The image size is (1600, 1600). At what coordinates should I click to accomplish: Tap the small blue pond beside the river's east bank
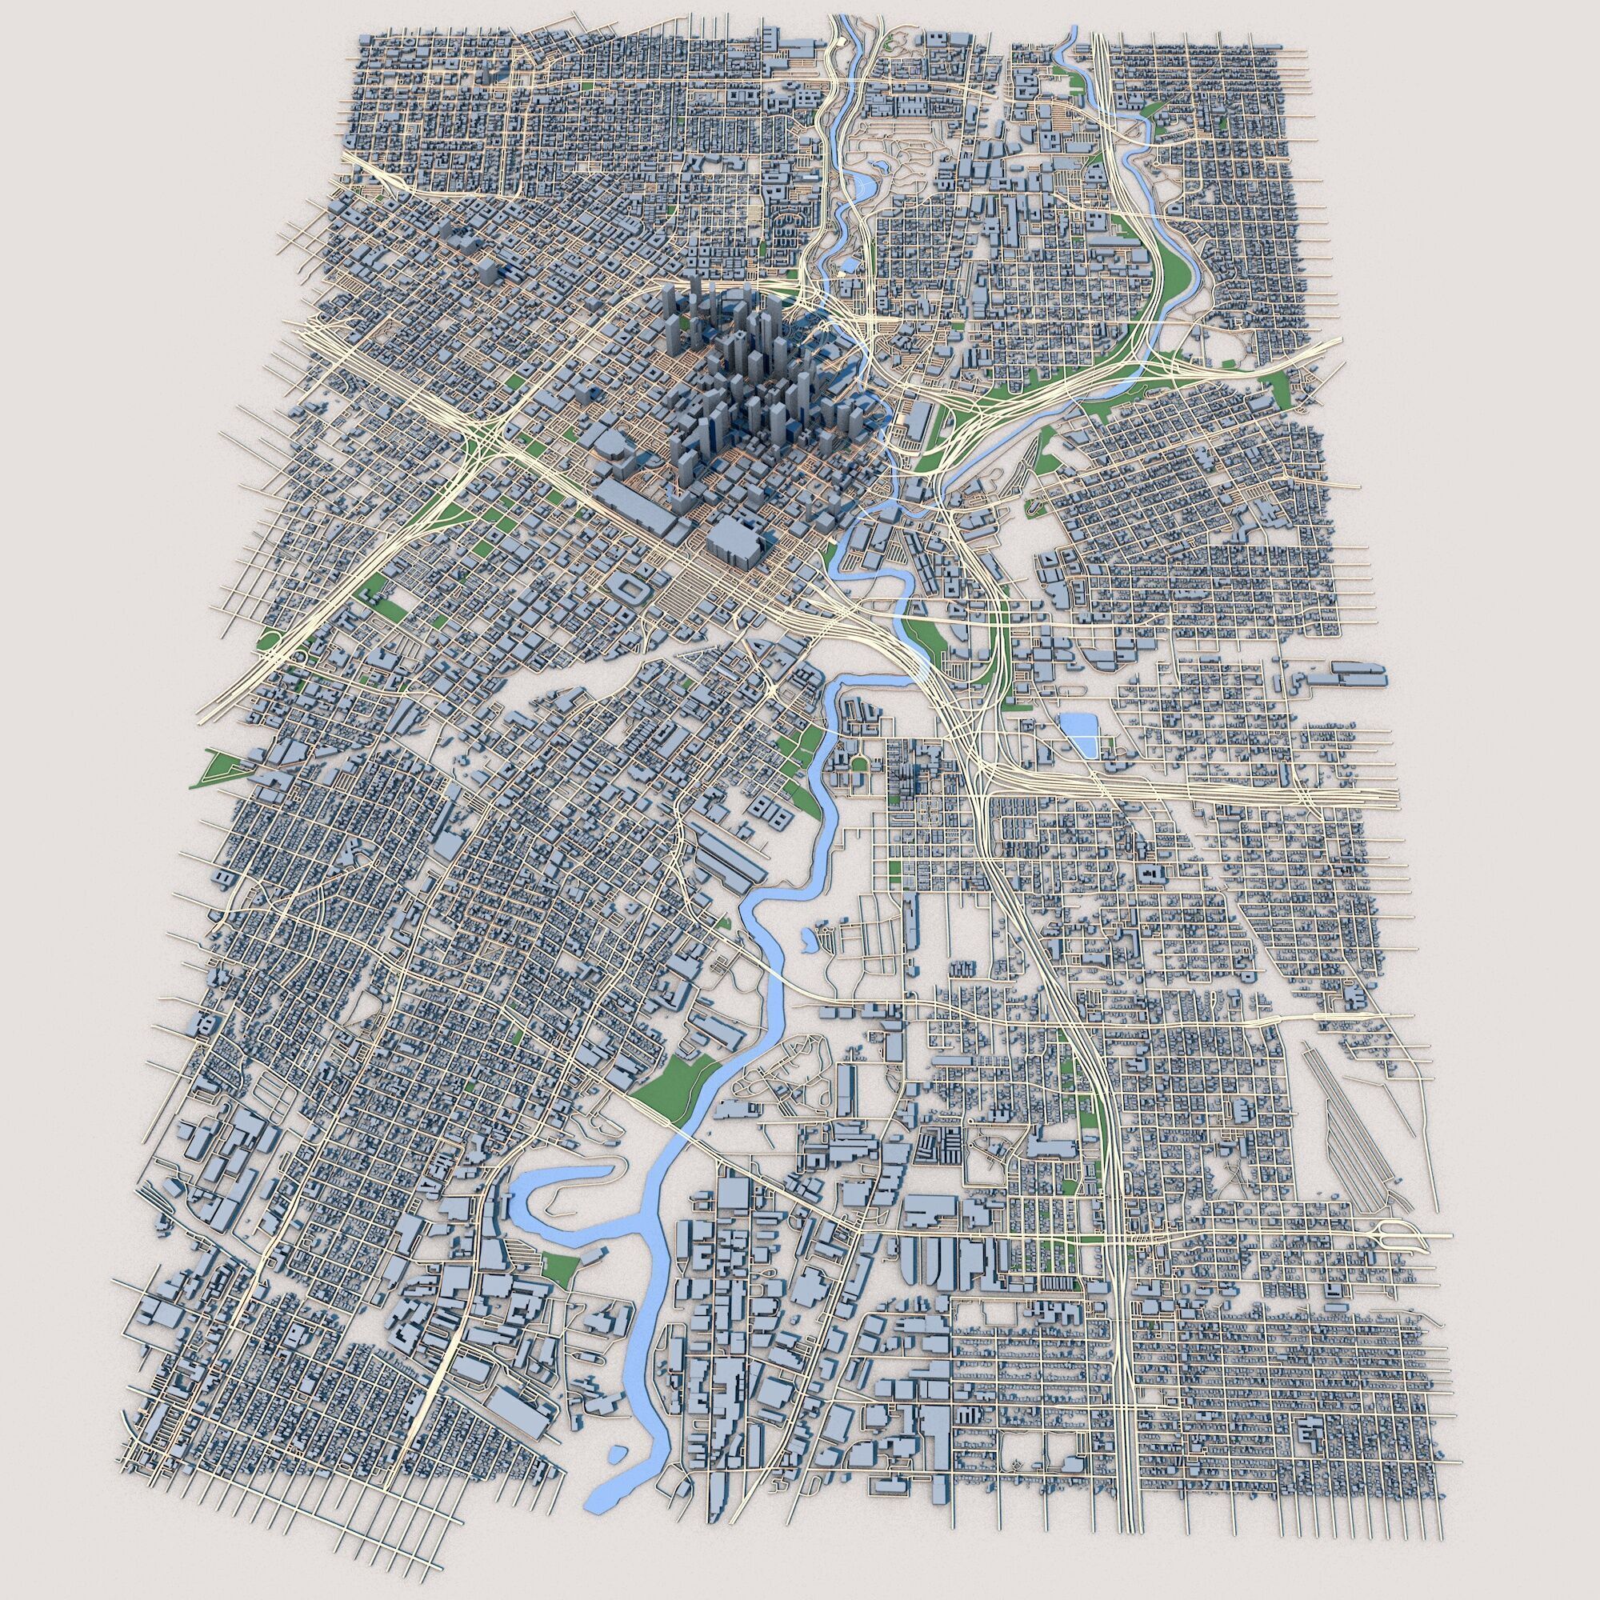(x=806, y=938)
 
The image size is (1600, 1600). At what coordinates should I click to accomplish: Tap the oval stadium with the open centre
(x=632, y=591)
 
